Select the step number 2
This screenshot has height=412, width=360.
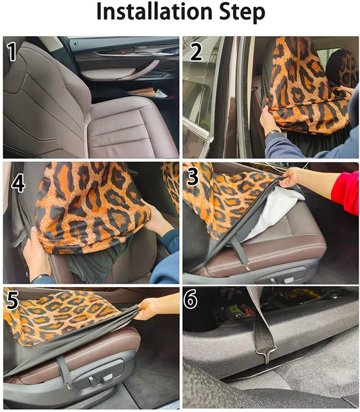pos(196,51)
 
